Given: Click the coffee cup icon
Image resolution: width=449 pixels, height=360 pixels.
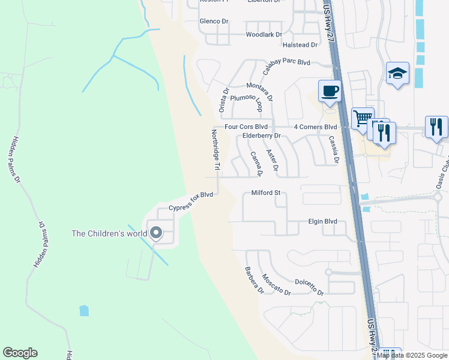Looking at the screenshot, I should (x=330, y=91).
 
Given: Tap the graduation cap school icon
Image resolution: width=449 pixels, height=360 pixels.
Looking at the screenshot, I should (x=397, y=73).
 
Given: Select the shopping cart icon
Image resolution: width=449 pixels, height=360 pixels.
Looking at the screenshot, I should (x=363, y=118).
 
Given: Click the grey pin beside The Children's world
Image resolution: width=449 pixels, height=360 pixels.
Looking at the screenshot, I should (x=156, y=233).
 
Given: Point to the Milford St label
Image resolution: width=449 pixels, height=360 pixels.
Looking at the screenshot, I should (x=266, y=193).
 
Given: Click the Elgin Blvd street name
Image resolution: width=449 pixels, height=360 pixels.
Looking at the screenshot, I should (x=322, y=221).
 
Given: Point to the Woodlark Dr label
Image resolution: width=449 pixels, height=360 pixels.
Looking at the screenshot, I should (x=264, y=35).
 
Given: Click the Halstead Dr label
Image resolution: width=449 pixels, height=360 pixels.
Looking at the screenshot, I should (x=300, y=45).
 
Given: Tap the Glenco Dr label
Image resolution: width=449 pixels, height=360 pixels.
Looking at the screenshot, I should (x=214, y=21).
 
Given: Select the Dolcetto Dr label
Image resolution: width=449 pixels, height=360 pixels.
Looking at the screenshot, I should (x=309, y=287).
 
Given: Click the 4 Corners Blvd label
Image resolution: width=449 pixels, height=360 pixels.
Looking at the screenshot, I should (x=315, y=127).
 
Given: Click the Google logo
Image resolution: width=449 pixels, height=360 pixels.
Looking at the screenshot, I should (x=20, y=353).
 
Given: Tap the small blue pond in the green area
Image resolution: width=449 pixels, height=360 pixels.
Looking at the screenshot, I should (x=84, y=310).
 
